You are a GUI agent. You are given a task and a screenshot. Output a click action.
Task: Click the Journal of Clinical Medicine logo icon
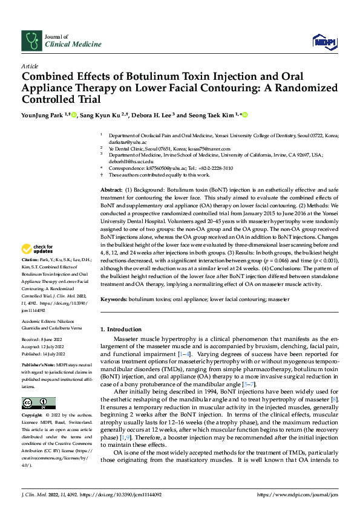tap(30, 41)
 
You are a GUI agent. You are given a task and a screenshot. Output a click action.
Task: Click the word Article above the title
tap(30, 66)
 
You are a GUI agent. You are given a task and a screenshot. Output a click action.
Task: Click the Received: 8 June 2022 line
tap(44, 340)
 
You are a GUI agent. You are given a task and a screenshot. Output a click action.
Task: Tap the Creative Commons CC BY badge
tap(38, 403)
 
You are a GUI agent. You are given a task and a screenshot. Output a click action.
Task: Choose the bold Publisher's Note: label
tap(39, 366)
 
